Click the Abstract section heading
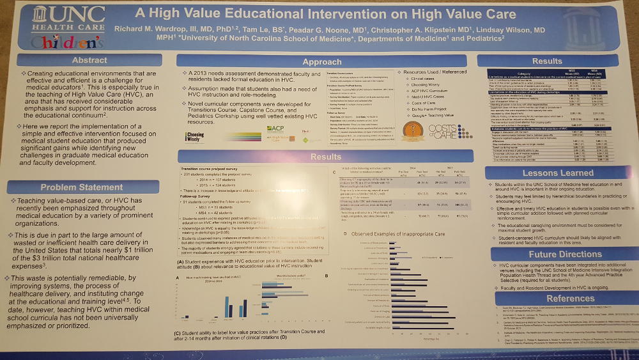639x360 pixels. point(89,60)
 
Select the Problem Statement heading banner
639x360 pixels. point(82,187)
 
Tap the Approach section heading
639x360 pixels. point(321,62)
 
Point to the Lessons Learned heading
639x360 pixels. point(548,173)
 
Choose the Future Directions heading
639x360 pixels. point(548,253)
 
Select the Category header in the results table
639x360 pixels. point(517,74)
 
